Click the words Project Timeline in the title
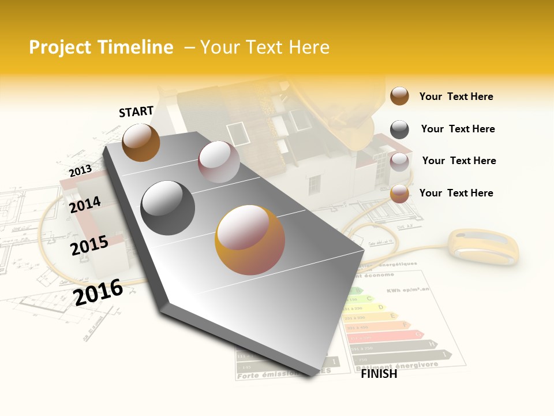tap(101, 47)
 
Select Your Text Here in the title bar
tap(265, 47)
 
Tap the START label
tap(136, 112)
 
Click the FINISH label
tap(379, 374)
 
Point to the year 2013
tap(80, 171)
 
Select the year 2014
tap(85, 205)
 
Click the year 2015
tap(89, 246)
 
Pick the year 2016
tap(98, 292)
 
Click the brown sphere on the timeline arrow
tap(141, 142)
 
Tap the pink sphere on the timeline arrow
tap(219, 162)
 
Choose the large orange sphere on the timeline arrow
tap(250, 240)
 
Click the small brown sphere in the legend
tap(399, 96)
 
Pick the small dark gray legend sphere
tap(399, 129)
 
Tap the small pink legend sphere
tap(399, 162)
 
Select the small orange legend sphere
tap(399, 194)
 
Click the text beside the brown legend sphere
tap(456, 96)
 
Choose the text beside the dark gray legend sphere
tap(458, 129)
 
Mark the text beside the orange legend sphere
tap(456, 193)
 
